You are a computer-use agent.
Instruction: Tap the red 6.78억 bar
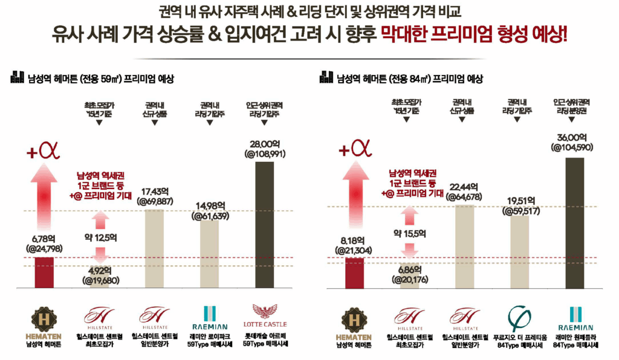(x=44, y=273)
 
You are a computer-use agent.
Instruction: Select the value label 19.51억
(x=520, y=201)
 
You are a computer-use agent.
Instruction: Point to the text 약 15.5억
(x=410, y=234)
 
